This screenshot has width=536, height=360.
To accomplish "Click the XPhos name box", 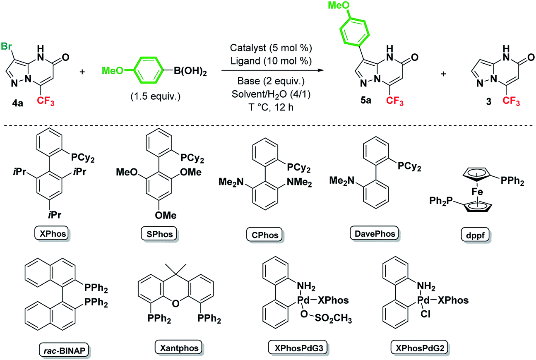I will tap(48, 234).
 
